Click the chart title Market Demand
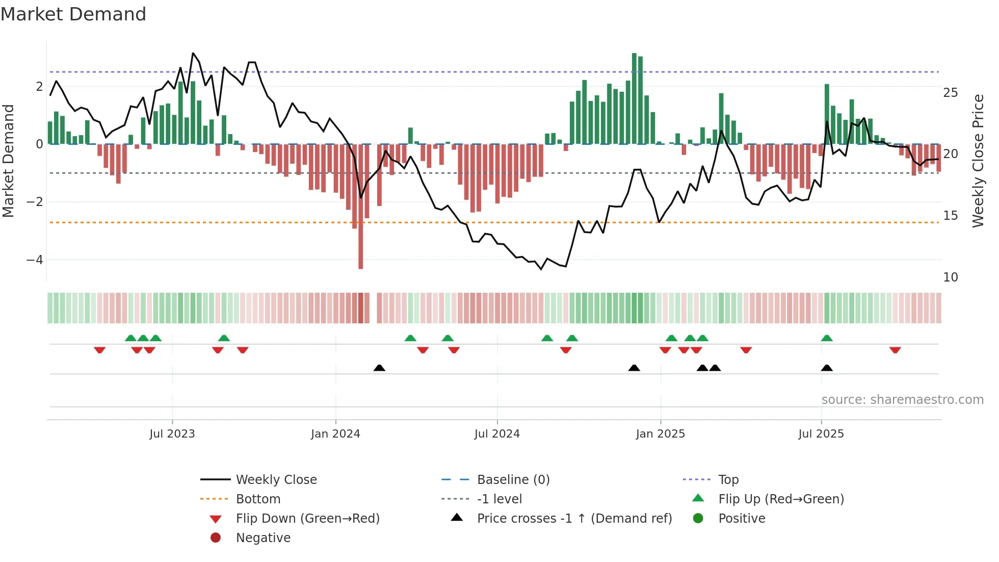73,14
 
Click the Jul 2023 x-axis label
172,434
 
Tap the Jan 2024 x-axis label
335,434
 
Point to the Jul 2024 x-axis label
497,434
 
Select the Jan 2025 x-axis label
661,434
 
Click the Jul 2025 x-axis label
821,434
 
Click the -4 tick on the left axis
35,260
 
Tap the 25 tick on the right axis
951,93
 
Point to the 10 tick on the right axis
951,277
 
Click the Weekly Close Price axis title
978,161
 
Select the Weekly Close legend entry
276,480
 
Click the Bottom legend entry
258,499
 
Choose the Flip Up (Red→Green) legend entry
781,499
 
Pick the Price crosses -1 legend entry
574,519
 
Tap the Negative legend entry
263,538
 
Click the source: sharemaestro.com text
902,400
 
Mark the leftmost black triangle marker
379,368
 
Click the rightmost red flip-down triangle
895,350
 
